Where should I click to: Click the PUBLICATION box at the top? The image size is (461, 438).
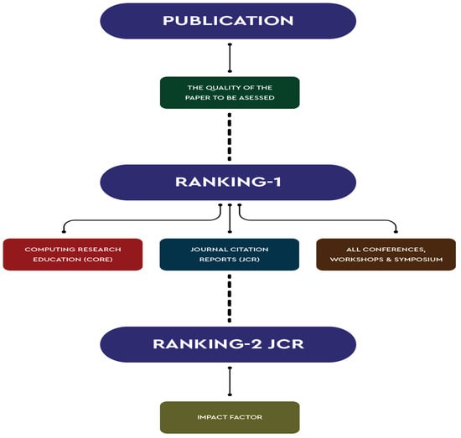(x=228, y=20)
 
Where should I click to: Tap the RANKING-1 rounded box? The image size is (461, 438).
(x=229, y=182)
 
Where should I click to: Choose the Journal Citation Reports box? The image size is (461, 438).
(x=229, y=255)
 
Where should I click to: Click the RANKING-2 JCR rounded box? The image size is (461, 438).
(x=228, y=344)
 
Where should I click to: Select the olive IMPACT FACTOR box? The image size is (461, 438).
(x=229, y=417)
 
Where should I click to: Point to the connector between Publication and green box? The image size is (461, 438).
(x=229, y=57)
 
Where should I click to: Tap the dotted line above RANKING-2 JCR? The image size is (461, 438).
(x=229, y=298)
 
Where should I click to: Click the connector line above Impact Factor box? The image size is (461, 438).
(x=229, y=382)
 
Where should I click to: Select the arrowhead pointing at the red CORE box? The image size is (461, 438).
(x=65, y=233)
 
